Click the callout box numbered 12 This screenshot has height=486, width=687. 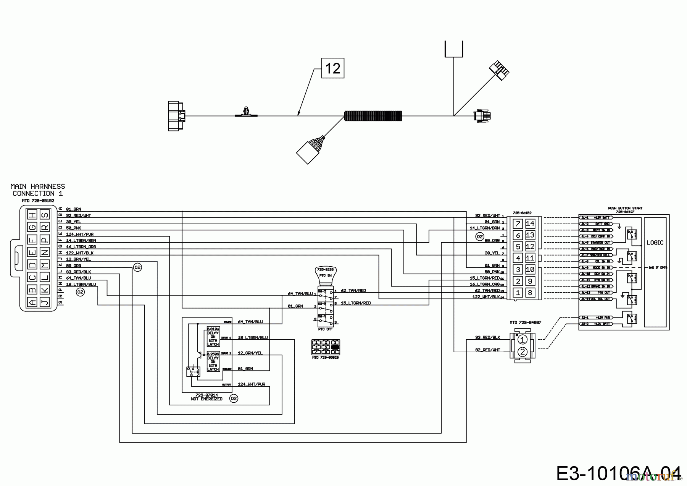333,68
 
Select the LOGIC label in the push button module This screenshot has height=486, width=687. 655,243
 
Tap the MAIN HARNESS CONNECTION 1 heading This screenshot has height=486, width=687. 38,190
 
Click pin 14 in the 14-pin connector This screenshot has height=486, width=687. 530,224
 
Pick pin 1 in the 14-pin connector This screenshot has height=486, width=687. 518,293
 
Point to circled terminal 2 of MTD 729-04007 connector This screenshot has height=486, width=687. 523,352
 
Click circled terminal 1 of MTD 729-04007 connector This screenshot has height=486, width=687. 523,339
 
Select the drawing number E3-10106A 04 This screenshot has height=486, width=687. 618,473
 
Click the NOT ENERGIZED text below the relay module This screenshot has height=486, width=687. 206,399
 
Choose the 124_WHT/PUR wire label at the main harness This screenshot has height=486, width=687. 80,234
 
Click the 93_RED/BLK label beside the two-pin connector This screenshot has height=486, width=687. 487,337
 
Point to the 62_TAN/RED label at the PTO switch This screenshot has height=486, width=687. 353,291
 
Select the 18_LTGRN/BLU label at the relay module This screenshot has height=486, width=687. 253,337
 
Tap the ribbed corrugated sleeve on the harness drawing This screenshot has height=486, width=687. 373,116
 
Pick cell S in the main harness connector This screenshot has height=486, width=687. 45,215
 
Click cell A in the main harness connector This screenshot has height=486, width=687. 33,302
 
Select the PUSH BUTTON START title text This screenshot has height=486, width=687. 625,208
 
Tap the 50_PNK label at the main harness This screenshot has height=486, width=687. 73,228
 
